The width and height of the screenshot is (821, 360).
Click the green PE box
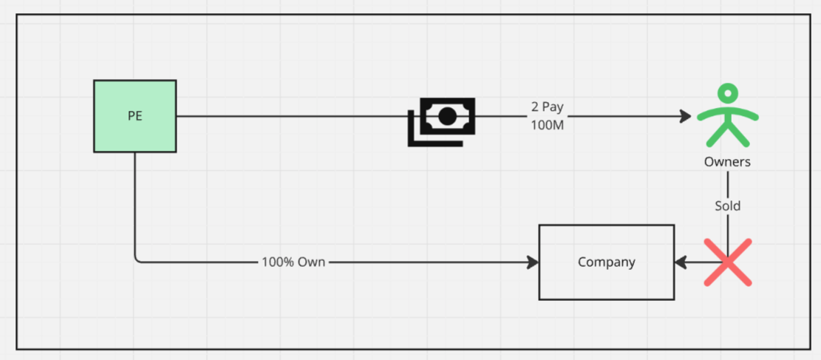135,116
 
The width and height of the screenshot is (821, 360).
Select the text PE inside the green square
135,116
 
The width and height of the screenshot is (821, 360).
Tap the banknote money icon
441,121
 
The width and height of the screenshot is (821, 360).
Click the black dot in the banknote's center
446,116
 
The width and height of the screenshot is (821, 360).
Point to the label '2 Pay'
548,107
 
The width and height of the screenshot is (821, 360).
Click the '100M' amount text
548,126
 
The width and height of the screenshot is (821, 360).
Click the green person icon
727,115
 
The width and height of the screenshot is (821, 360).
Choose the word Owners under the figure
727,162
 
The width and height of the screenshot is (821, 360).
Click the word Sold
728,206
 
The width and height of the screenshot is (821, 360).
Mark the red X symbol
728,262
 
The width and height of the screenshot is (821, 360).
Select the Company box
606,262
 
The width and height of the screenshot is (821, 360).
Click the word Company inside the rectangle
606,262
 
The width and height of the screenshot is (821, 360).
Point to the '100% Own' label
293,262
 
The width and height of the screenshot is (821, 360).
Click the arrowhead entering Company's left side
533,262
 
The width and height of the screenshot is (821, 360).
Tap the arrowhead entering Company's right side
681,262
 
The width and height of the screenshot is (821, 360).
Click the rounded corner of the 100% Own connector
137,260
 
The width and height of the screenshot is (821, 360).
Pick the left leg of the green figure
717,135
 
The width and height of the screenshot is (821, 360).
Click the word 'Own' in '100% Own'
312,262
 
